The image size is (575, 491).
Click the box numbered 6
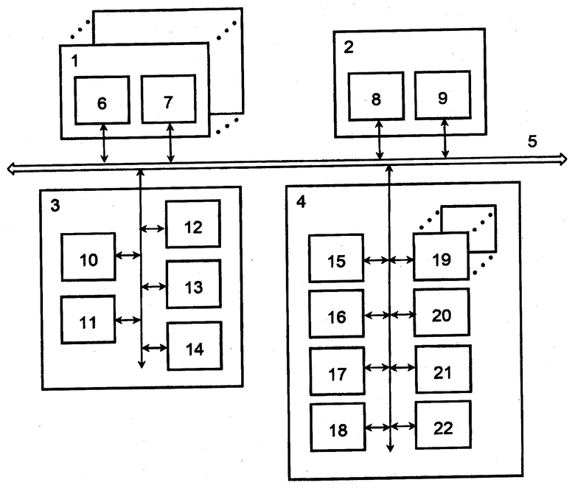[102, 100]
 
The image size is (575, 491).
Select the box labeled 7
[168, 99]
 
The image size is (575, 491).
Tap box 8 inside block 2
[376, 97]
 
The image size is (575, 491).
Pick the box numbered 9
[443, 95]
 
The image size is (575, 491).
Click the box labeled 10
[88, 257]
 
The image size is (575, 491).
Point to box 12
[193, 223]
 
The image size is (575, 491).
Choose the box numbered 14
[195, 347]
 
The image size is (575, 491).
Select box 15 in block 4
[336, 258]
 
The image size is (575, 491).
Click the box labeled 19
[441, 257]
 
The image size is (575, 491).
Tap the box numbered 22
[443, 425]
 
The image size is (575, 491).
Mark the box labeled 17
[338, 371]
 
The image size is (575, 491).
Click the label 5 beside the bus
[532, 141]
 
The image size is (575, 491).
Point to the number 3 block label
[55, 206]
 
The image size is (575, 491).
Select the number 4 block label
[301, 202]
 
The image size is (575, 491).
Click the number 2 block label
[349, 47]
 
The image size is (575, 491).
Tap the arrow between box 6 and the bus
[104, 143]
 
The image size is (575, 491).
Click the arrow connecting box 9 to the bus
[445, 139]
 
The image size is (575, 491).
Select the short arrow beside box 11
[128, 320]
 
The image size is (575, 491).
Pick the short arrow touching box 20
[402, 315]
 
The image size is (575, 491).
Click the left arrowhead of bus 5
[12, 169]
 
